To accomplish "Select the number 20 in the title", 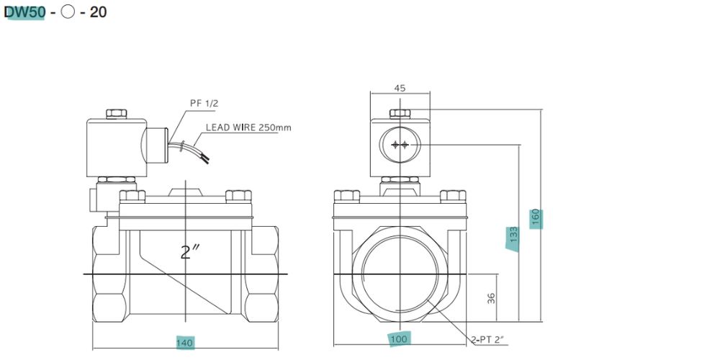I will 98,12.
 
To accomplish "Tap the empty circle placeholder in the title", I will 68,12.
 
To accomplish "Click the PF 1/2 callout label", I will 204,103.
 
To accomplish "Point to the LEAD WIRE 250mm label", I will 248,127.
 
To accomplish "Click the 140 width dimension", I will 185,343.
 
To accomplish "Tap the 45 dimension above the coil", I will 400,88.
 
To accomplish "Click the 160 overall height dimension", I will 536,218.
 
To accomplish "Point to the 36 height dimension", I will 492,297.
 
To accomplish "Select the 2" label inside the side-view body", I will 189,252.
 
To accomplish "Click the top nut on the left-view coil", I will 115,113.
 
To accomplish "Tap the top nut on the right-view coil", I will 400,113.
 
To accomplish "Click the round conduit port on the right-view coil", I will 400,145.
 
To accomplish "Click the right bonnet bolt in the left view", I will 238,195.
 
